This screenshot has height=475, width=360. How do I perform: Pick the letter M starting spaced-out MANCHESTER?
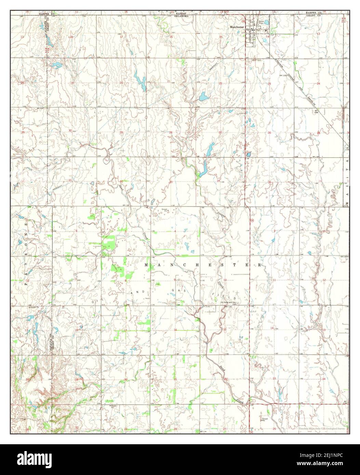[147, 265]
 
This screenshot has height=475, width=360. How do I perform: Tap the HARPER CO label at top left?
[46, 13]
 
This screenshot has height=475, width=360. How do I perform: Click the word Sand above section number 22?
[223, 368]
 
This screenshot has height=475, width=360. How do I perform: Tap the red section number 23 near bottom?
[274, 378]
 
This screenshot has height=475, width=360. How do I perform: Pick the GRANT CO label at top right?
[314, 16]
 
